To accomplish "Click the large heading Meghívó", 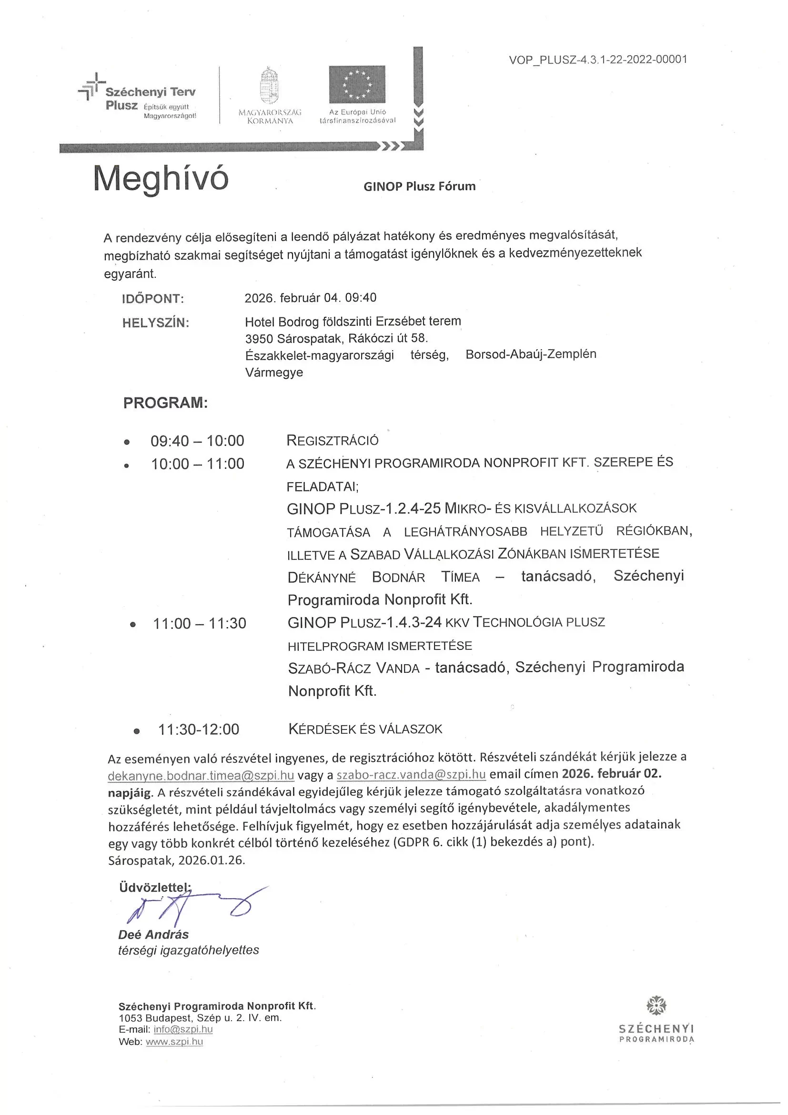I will [x=160, y=179].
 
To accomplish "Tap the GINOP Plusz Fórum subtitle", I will [x=420, y=186].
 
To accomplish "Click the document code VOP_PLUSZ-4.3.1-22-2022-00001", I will [x=598, y=60].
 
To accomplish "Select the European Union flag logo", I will [x=357, y=84].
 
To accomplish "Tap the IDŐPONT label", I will [x=153, y=299].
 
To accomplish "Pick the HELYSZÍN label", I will [x=155, y=323].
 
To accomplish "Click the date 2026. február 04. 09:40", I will [x=310, y=298].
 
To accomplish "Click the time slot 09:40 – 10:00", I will [x=197, y=441].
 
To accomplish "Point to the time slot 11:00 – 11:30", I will [x=200, y=624].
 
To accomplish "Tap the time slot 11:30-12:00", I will [x=199, y=730].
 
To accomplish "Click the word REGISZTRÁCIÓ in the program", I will [x=332, y=440].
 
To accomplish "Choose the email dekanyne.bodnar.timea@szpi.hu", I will [x=201, y=776].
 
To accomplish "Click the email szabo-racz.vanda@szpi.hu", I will [x=411, y=774].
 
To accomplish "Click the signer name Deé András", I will [x=153, y=934].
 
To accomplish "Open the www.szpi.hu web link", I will [x=174, y=1042].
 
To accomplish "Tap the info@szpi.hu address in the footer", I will [x=183, y=1030].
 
